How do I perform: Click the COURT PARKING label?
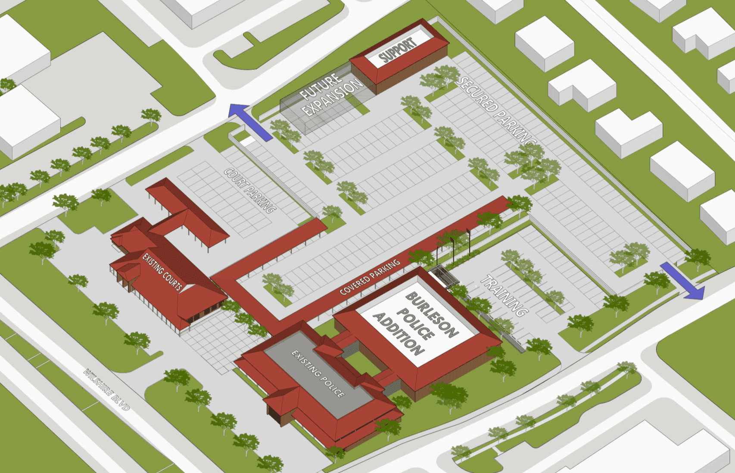tap(249, 190)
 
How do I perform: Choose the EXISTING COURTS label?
tap(162, 272)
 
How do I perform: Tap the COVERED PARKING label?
tap(370, 277)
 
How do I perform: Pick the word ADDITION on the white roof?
tap(399, 334)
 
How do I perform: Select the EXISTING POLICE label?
tap(318, 373)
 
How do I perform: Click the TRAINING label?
tap(504, 296)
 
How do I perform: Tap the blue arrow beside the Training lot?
tap(682, 280)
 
